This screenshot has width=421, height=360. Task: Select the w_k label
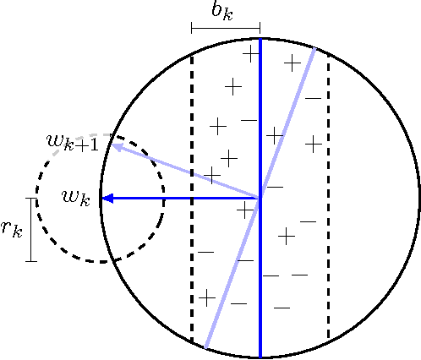(75, 198)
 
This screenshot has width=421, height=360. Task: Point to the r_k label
(12, 229)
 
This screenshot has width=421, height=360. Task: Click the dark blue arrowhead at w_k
(106, 199)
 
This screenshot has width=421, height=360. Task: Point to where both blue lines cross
(260, 199)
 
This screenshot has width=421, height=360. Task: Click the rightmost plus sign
(313, 144)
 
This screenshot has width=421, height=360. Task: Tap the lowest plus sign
(205, 297)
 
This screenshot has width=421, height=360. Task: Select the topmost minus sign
(312, 99)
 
